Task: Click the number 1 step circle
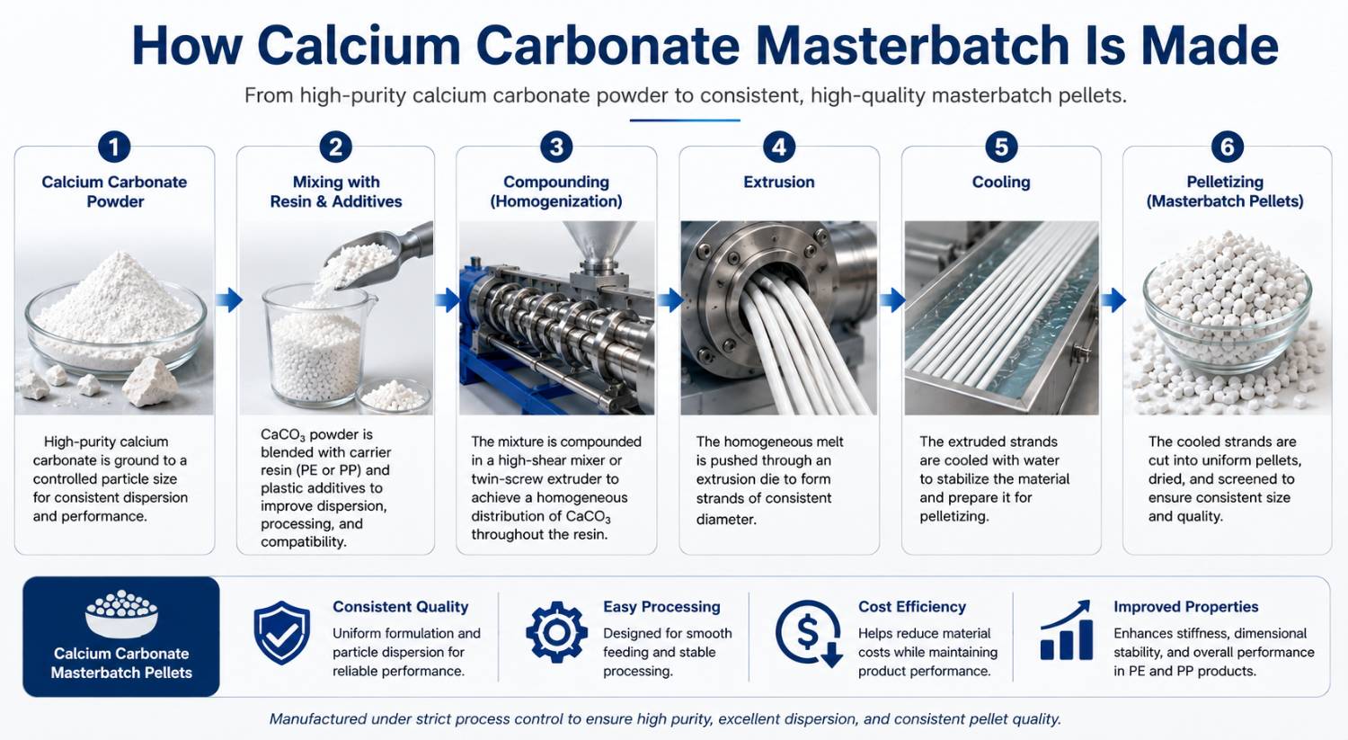114,147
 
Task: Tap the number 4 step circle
779,147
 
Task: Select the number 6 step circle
1227,147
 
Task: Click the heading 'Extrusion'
779,182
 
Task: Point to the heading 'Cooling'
1001,182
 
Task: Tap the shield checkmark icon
281,633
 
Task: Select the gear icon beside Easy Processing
556,632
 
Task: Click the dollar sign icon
808,633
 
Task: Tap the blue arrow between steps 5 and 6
1113,299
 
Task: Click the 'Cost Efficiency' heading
912,607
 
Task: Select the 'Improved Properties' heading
1185,607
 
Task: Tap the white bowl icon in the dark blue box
121,613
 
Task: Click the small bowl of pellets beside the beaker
394,396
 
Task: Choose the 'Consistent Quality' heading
400,607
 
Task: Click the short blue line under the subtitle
685,120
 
